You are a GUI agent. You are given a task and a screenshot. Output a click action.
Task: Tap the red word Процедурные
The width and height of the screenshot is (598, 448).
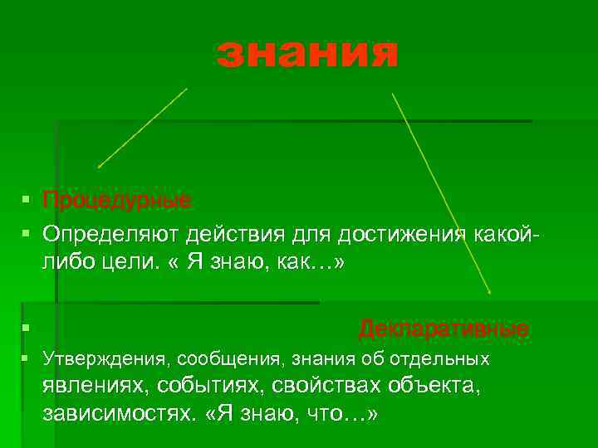116,202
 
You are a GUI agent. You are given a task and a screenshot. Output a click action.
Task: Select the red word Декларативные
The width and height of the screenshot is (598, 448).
444,329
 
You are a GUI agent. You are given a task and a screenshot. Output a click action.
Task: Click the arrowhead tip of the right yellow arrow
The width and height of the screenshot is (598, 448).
490,294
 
